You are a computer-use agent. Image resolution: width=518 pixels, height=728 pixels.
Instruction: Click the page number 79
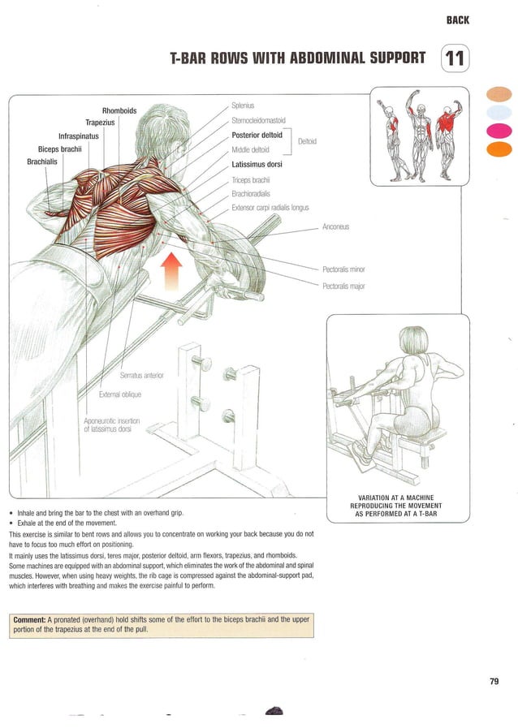[494, 681]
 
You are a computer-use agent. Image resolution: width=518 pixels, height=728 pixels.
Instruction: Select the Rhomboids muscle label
[119, 110]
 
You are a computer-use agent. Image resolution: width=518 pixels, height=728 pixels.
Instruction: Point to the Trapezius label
[103, 123]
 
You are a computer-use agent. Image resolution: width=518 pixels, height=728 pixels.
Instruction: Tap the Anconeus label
[335, 226]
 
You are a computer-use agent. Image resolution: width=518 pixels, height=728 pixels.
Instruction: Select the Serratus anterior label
[142, 375]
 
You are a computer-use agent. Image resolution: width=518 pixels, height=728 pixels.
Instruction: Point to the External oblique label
[119, 394]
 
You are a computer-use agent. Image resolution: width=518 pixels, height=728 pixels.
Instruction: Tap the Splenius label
[243, 106]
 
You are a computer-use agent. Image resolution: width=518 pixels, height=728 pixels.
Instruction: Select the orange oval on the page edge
[499, 149]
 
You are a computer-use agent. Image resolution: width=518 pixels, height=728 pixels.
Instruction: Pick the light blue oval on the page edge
[499, 112]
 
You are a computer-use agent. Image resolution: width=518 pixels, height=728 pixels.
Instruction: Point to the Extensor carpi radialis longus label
[270, 208]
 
